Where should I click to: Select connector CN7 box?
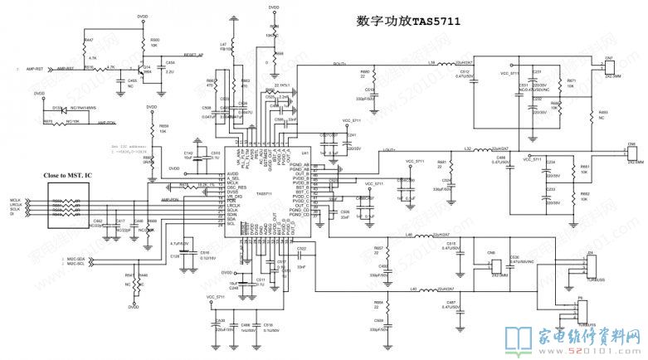point(608,67)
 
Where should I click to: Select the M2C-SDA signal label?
point(76,260)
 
